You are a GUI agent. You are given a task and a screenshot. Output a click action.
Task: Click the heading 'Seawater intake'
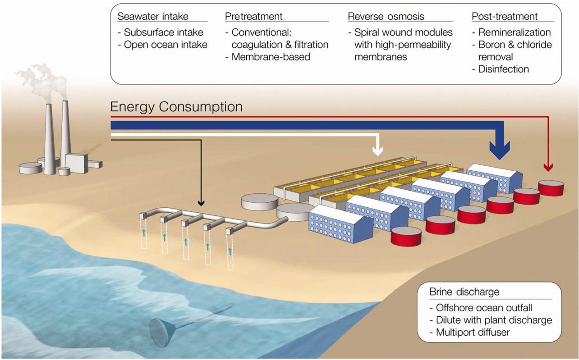tap(153, 17)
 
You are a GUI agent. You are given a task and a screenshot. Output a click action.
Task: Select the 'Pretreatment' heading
tap(254, 17)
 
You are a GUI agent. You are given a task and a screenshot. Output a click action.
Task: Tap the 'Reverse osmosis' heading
tap(386, 17)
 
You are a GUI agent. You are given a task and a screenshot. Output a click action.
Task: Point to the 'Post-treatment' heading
tap(505, 17)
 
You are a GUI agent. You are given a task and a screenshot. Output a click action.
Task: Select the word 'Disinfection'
tap(504, 69)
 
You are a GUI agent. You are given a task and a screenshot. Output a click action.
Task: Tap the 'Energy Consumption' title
tap(176, 107)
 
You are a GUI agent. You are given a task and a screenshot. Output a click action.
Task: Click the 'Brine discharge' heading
tap(464, 292)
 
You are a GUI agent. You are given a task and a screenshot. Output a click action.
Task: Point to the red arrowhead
tap(548, 168)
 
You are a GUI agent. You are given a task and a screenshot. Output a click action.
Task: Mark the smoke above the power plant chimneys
tap(45, 81)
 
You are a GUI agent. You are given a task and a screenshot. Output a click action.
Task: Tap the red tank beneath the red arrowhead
tap(551, 187)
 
